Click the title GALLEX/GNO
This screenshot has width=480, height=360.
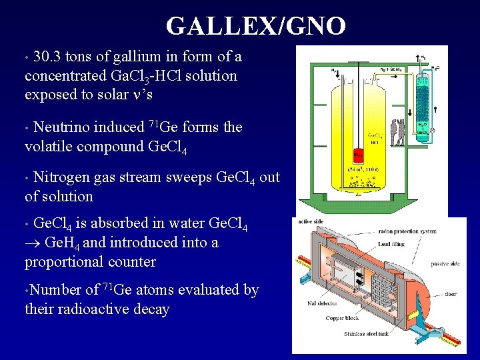256,27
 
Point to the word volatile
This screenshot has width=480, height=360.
48,146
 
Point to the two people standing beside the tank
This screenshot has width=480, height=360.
398,132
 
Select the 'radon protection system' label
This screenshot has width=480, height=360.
407,231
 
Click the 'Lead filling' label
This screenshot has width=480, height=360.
392,245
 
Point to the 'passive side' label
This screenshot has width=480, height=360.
445,264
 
